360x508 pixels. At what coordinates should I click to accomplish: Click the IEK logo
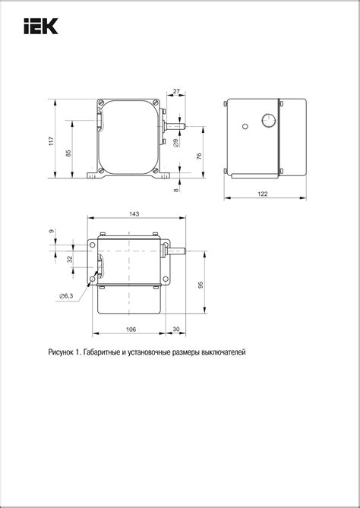(39, 28)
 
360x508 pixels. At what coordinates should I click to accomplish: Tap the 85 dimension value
(69, 153)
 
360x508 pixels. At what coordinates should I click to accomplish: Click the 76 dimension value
(199, 156)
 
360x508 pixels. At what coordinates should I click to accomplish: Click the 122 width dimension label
(262, 194)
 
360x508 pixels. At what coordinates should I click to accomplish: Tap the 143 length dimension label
(134, 214)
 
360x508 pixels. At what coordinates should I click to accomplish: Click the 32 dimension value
(69, 259)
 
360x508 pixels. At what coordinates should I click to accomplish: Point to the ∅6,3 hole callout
(65, 295)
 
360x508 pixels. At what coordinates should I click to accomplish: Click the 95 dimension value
(200, 284)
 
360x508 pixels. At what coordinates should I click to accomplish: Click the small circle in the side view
(246, 126)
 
